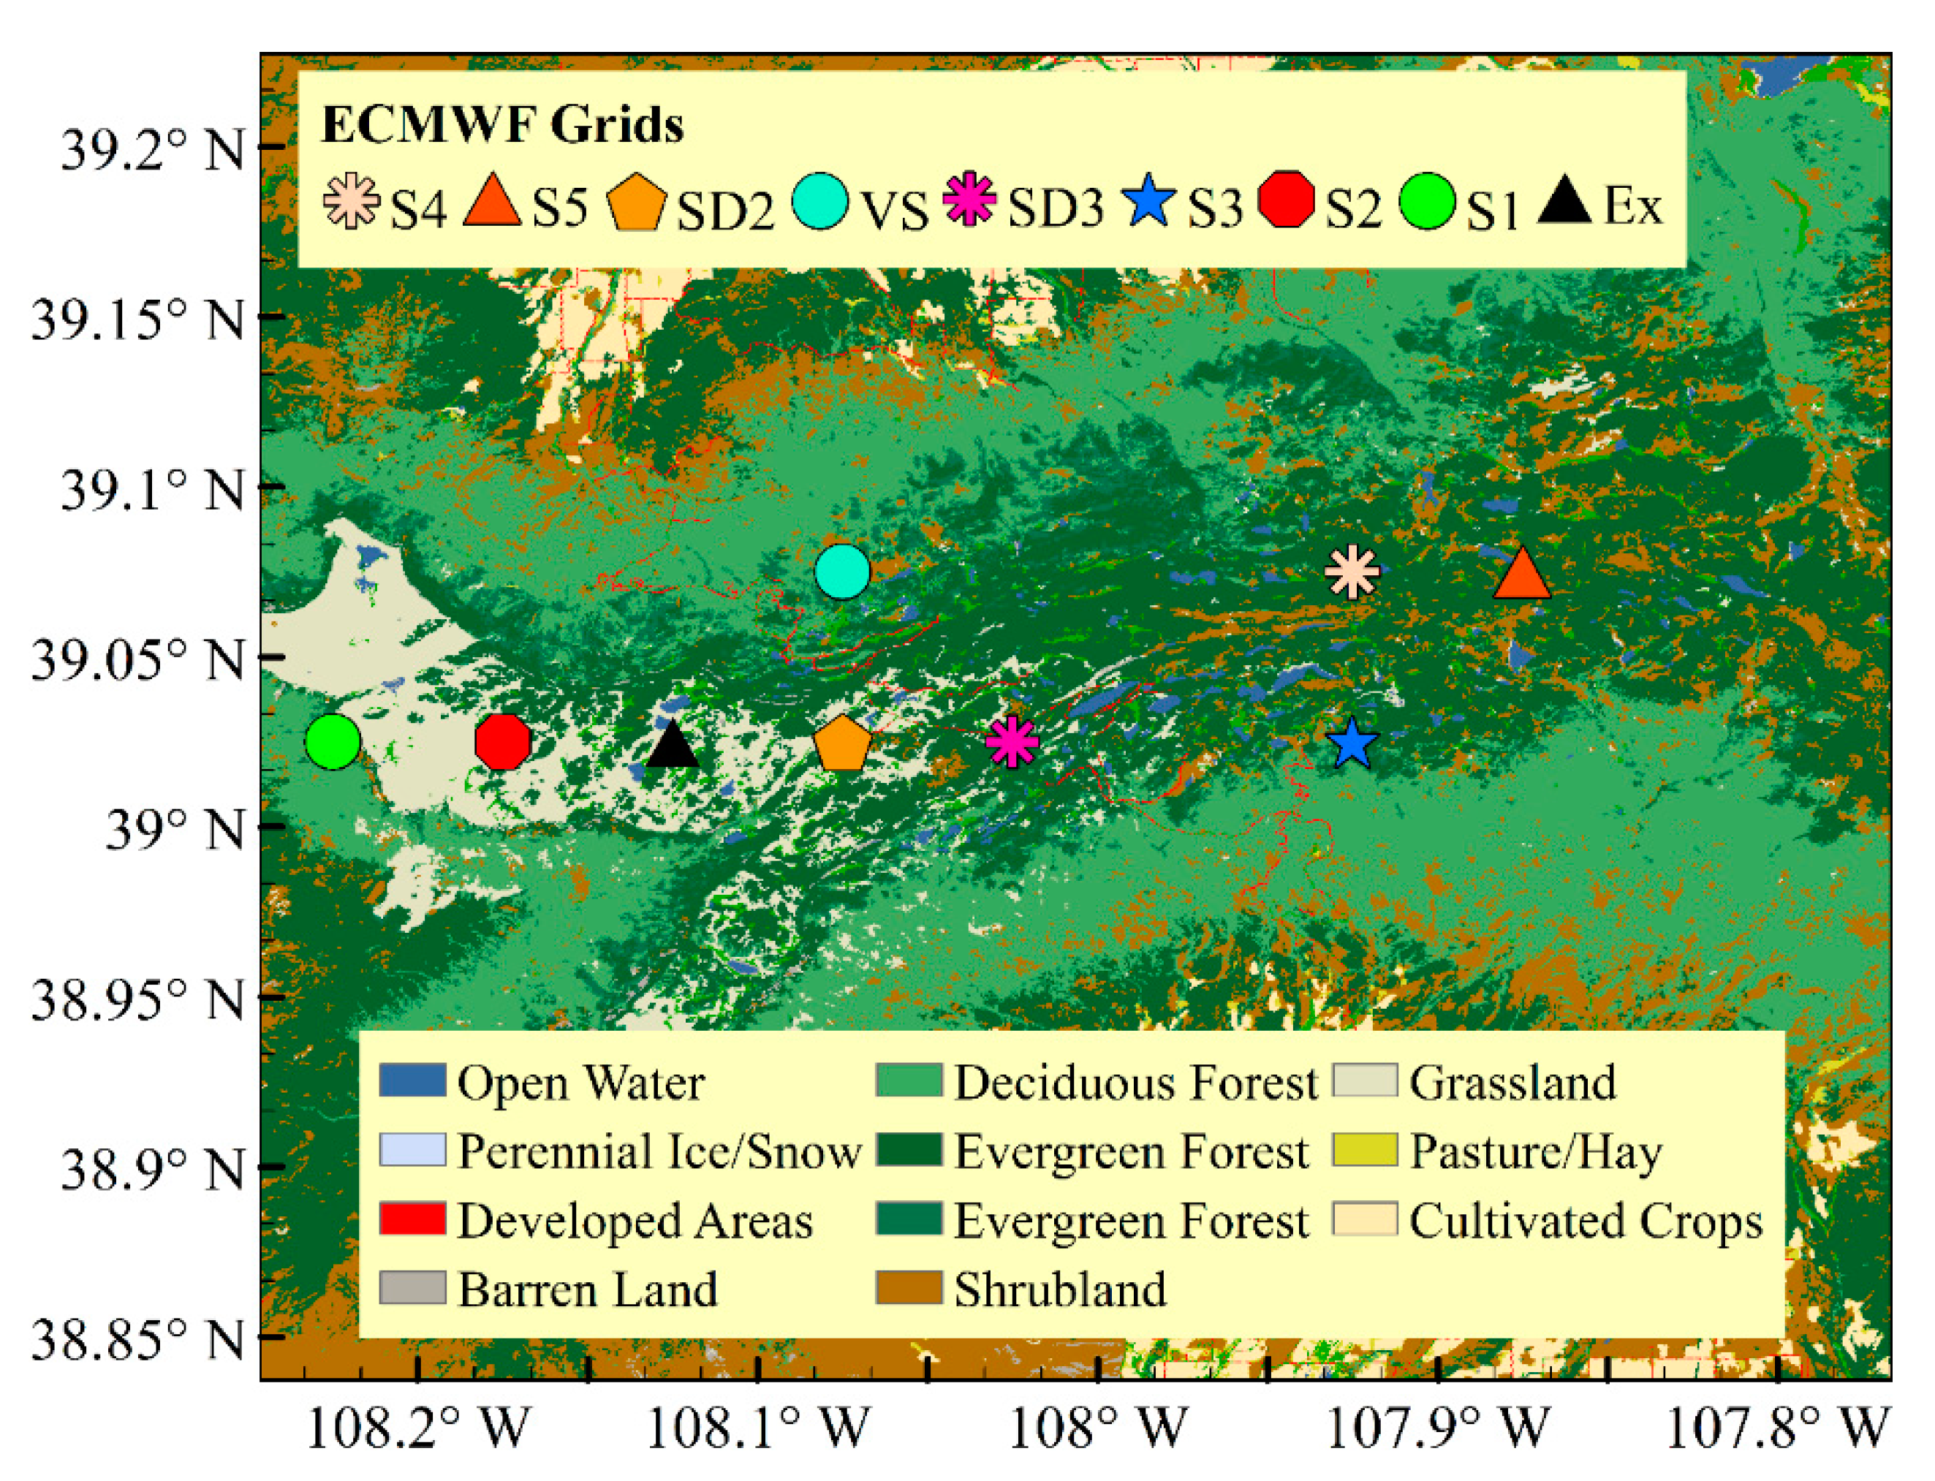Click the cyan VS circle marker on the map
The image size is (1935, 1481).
coord(842,571)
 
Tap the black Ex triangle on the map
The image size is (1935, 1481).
coord(673,746)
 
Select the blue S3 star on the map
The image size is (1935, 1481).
coord(1350,743)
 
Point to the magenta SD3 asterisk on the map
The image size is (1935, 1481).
coord(1012,741)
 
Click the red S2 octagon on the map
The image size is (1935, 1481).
coord(502,741)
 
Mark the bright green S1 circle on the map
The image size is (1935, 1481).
coord(333,741)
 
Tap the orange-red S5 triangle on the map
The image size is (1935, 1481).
coord(1521,575)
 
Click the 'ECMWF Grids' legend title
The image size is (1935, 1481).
coord(502,124)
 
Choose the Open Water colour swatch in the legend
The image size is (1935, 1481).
coord(412,1080)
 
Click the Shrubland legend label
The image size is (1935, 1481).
coord(1060,1289)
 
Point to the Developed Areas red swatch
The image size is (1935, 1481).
coord(412,1219)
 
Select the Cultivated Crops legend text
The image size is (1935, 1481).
coord(1585,1221)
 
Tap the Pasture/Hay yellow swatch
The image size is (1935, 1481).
coord(1365,1150)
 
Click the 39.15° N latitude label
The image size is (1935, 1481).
coord(137,319)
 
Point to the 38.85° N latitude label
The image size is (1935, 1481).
coord(137,1340)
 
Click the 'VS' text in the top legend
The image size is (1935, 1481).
coord(894,211)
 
